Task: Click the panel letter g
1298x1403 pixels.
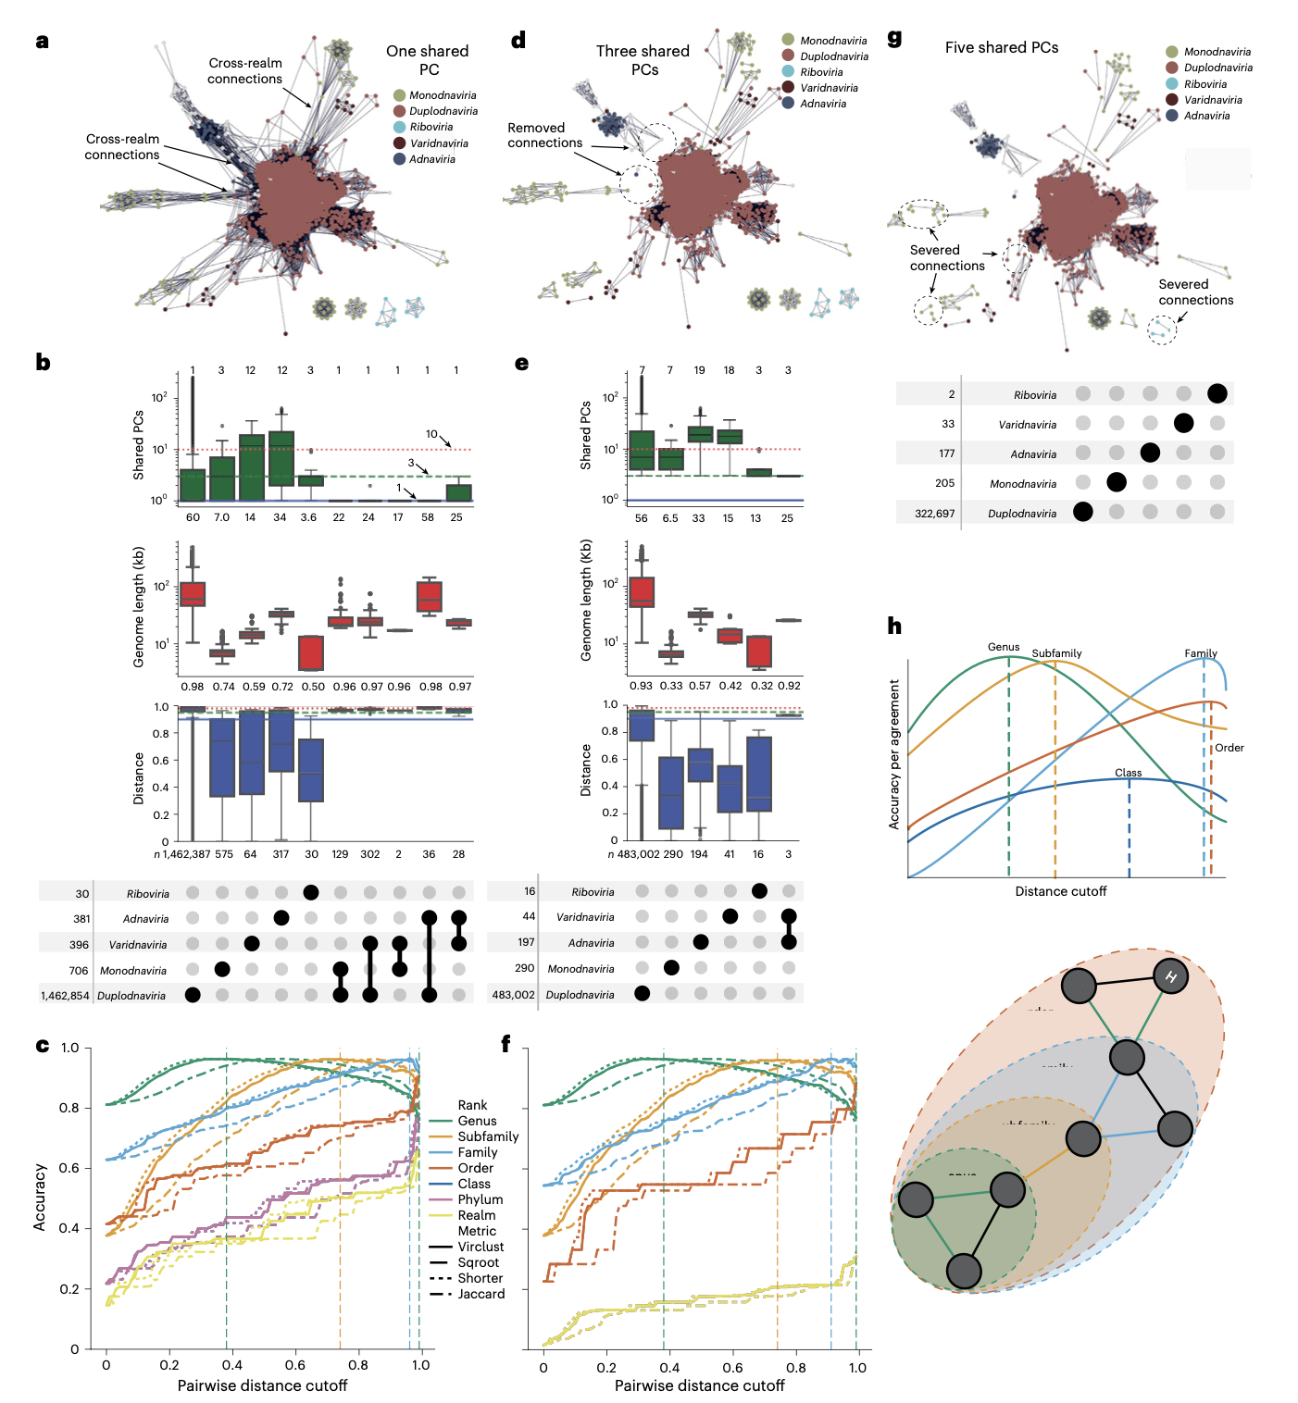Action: pyautogui.click(x=894, y=38)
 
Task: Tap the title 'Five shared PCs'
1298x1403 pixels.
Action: pyautogui.click(x=1001, y=47)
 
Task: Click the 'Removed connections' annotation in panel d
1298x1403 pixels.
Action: pyautogui.click(x=544, y=135)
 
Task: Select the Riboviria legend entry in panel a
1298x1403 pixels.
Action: pyautogui.click(x=431, y=127)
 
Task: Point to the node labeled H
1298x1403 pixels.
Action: pyautogui.click(x=1171, y=976)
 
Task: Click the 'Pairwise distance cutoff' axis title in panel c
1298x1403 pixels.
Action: pyautogui.click(x=262, y=1385)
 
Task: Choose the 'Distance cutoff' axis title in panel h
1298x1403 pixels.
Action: pyautogui.click(x=1060, y=891)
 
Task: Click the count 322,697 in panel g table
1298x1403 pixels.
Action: pyautogui.click(x=934, y=514)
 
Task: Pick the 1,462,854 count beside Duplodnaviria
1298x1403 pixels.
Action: pyautogui.click(x=65, y=996)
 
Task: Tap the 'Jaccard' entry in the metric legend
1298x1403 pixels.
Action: pyautogui.click(x=481, y=1294)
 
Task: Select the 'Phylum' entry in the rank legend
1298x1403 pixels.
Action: pyautogui.click(x=480, y=1199)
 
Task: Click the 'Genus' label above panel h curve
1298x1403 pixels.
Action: pyautogui.click(x=1003, y=647)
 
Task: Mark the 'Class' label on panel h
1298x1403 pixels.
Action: pyautogui.click(x=1128, y=773)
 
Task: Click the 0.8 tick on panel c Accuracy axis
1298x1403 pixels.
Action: pyautogui.click(x=69, y=1108)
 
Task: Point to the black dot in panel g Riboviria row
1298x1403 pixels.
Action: pyautogui.click(x=1217, y=393)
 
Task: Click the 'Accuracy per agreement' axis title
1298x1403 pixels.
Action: pyautogui.click(x=894, y=754)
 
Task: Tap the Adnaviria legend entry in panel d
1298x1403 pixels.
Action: pyautogui.click(x=822, y=104)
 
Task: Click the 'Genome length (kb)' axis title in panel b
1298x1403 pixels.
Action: pyautogui.click(x=139, y=607)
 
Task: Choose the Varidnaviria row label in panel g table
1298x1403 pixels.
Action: pyautogui.click(x=1027, y=425)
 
